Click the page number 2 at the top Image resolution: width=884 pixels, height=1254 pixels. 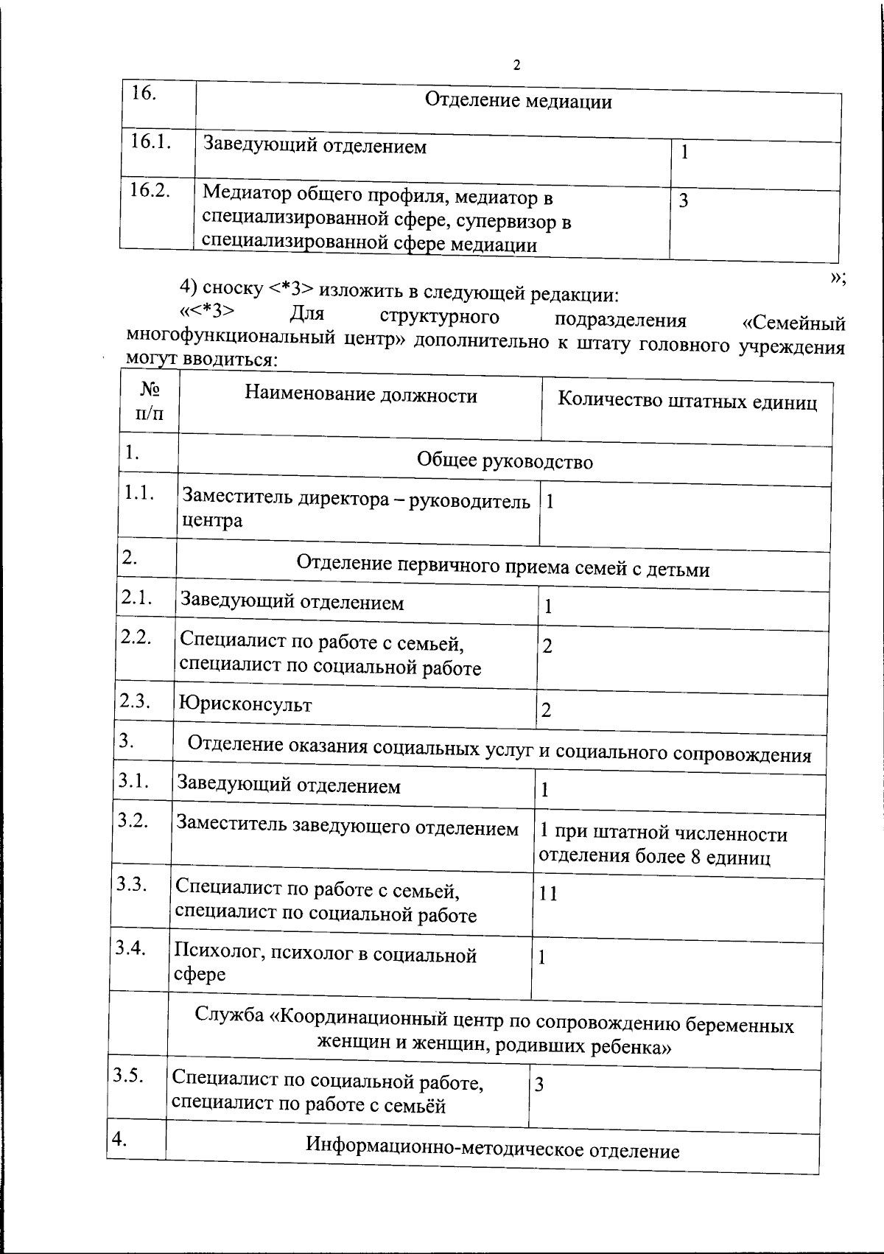point(516,66)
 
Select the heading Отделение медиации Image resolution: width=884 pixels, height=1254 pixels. point(519,101)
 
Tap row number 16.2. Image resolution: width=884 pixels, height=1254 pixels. point(150,190)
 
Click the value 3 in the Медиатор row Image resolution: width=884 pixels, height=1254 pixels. point(684,200)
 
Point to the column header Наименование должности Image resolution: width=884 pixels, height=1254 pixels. point(361,396)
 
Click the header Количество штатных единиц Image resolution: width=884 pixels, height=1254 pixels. point(687,401)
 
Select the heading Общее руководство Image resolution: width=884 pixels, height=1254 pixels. point(505,461)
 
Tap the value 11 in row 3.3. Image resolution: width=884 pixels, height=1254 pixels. point(548,894)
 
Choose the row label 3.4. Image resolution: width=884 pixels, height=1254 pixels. point(130,947)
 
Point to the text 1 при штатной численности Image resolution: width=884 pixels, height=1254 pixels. point(663,834)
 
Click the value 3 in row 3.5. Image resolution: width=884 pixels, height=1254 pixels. point(539,1085)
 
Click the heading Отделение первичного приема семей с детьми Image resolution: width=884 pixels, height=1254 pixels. point(503,567)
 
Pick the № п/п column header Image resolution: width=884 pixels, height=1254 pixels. point(150,401)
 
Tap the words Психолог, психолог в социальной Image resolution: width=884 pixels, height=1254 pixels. point(325,956)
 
